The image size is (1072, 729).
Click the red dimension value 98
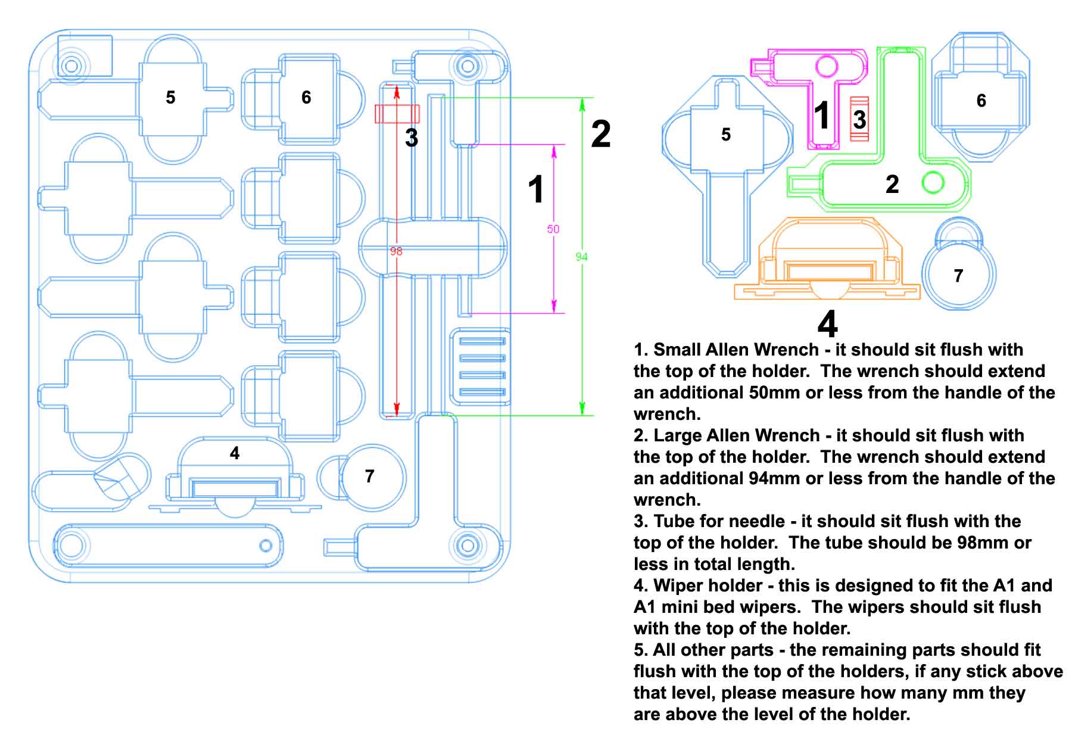pyautogui.click(x=396, y=251)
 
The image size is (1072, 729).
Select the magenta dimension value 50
pyautogui.click(x=553, y=229)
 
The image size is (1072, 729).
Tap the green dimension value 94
pyautogui.click(x=582, y=257)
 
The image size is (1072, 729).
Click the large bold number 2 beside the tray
pyautogui.click(x=601, y=134)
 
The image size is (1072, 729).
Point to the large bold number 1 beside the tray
pyautogui.click(x=536, y=189)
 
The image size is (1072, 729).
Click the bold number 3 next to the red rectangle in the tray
pyautogui.click(x=412, y=138)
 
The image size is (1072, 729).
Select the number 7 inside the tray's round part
pyautogui.click(x=370, y=476)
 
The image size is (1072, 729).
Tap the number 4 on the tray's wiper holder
pyautogui.click(x=235, y=453)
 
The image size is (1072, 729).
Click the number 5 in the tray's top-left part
pyautogui.click(x=170, y=97)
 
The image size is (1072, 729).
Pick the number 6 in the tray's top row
pyautogui.click(x=306, y=97)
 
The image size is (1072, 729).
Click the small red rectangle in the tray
pyautogui.click(x=397, y=113)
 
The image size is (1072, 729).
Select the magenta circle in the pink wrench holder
pyautogui.click(x=827, y=66)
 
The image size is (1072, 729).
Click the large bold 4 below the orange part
pyautogui.click(x=828, y=324)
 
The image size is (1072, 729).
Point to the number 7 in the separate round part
pyautogui.click(x=958, y=276)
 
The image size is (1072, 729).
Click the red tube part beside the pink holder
pyautogui.click(x=859, y=119)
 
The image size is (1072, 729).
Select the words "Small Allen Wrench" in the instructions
pyautogui.click(x=736, y=350)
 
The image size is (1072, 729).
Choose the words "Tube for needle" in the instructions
pyautogui.click(x=719, y=521)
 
